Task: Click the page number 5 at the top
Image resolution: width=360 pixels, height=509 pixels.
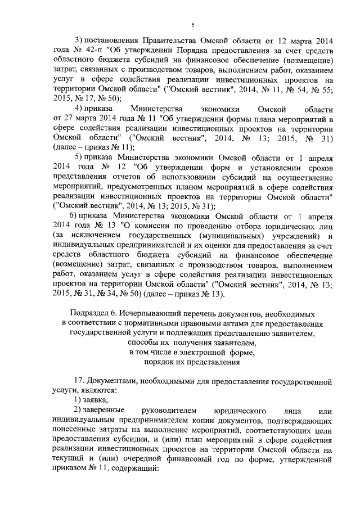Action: click(192, 25)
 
